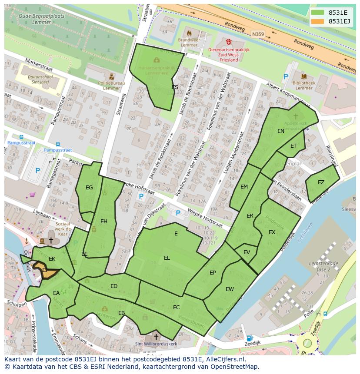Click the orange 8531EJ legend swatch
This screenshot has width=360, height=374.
tap(317, 21)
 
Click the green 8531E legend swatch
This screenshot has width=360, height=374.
tap(317, 12)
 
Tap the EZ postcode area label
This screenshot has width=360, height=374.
tap(321, 182)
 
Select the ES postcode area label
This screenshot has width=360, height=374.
tap(175, 87)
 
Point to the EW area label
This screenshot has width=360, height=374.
tap(230, 289)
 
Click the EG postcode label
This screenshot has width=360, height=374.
tap(89, 188)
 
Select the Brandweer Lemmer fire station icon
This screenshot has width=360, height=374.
tap(189, 33)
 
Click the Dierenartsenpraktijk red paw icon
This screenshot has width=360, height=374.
tap(229, 42)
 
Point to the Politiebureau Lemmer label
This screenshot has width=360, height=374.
tap(111, 86)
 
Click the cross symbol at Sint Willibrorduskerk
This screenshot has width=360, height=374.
tap(156, 337)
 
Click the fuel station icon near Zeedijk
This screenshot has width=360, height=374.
tap(250, 338)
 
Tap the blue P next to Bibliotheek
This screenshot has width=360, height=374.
tap(286, 77)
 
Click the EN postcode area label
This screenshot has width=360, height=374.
tap(281, 131)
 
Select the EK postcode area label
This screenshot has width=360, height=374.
tap(52, 259)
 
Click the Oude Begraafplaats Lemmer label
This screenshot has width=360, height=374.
tap(42, 19)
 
